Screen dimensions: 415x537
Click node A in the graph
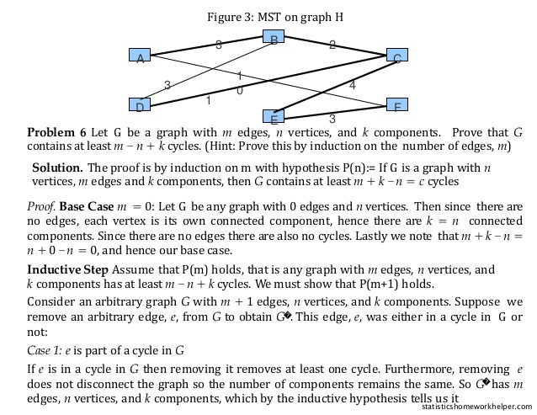point(140,56)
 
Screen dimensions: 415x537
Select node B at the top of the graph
point(274,37)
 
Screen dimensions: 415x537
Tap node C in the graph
point(397,56)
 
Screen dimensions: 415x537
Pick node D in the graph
point(140,105)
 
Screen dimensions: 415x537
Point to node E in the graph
point(274,116)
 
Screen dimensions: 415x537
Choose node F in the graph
point(397,105)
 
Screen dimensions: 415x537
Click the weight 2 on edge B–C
point(332,45)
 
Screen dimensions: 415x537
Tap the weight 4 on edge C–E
point(352,85)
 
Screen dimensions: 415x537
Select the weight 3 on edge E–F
point(332,119)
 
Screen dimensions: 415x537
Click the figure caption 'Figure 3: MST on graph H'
point(275,16)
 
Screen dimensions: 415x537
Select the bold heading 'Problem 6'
point(56,132)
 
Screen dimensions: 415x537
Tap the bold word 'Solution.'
point(57,167)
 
